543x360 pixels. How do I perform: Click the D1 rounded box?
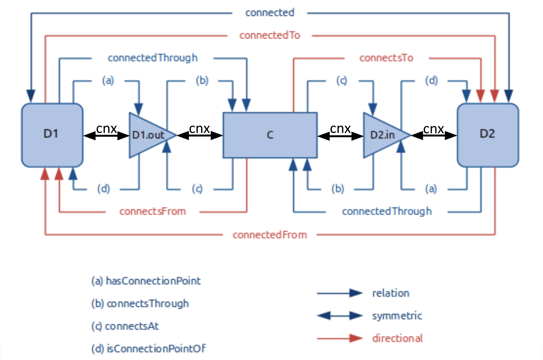[52, 135]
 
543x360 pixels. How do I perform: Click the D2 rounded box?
[487, 135]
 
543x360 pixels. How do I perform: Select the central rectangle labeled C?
[270, 135]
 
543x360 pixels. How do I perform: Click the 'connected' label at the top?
[270, 13]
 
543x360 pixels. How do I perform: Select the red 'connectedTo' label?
[270, 35]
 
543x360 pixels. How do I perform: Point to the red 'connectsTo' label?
[386, 58]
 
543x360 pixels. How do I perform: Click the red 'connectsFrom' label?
[153, 211]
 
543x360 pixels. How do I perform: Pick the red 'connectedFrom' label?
[270, 235]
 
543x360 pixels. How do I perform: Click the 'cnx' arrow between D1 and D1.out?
[106, 135]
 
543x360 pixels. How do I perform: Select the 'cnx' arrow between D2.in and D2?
[434, 135]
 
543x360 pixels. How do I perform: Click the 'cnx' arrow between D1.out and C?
[200, 135]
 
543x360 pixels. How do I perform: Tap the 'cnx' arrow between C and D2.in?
[340, 135]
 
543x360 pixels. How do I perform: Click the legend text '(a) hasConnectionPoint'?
[146, 281]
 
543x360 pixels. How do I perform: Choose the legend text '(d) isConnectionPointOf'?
[149, 348]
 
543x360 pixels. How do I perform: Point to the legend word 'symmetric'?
[397, 316]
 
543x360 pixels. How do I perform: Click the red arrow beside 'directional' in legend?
[339, 338]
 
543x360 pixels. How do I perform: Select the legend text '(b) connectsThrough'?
[140, 303]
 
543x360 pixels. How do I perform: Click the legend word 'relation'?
[391, 293]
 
